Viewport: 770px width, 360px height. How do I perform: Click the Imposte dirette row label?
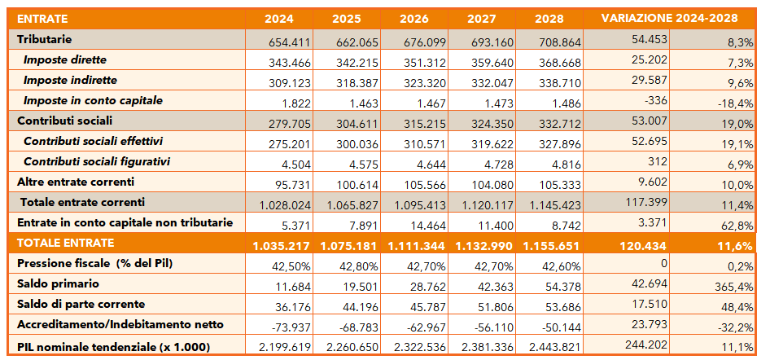65,59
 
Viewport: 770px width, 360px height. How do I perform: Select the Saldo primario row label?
59,283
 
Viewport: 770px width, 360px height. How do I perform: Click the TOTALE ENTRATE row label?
66,243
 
